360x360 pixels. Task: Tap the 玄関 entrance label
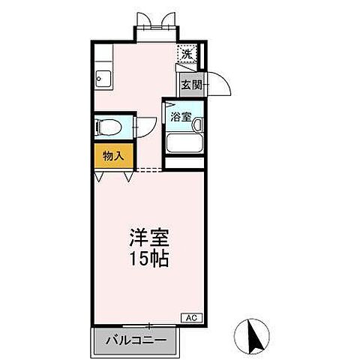pos(191,85)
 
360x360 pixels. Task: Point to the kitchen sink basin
pos(101,79)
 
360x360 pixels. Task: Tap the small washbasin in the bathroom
pos(171,105)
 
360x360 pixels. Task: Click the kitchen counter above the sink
pos(101,56)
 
